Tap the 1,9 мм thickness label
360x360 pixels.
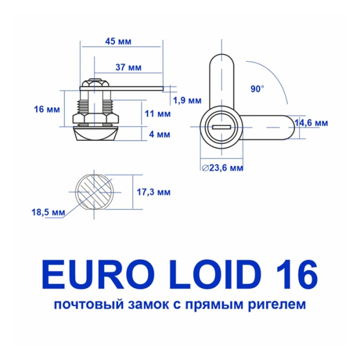(x=187, y=100)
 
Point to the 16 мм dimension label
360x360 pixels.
(x=47, y=110)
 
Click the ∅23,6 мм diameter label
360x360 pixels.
(x=222, y=168)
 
